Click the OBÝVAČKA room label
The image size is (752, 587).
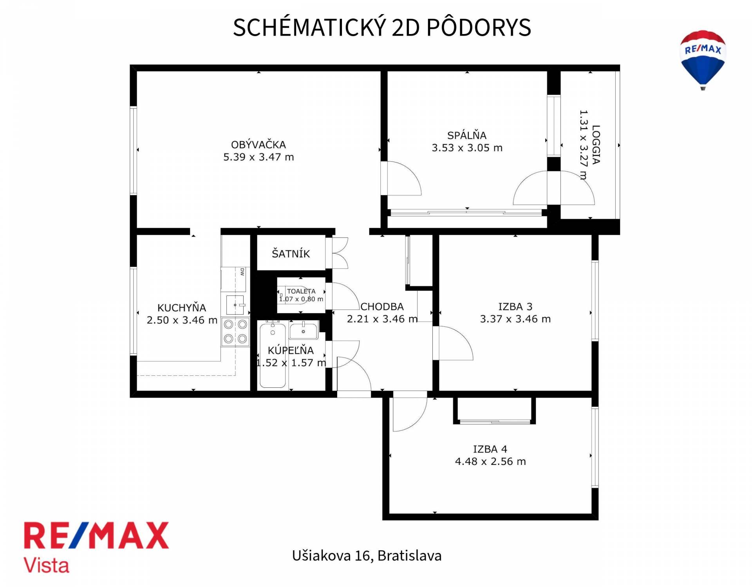(258, 145)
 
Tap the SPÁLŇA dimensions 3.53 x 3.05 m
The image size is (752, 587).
(467, 148)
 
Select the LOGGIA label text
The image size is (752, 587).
(596, 144)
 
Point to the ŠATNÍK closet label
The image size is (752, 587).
(291, 254)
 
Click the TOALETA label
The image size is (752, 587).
(301, 291)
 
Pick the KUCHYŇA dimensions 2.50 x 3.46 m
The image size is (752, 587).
(182, 320)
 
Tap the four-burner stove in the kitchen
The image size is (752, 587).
(235, 332)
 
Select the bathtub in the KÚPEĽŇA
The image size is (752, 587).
(273, 355)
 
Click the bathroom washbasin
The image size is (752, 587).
(304, 331)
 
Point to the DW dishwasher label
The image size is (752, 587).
(242, 272)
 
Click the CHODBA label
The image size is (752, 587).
(382, 307)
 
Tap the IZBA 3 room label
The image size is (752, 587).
(515, 307)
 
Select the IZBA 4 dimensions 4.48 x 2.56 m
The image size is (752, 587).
(490, 461)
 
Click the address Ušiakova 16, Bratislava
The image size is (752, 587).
(367, 556)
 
